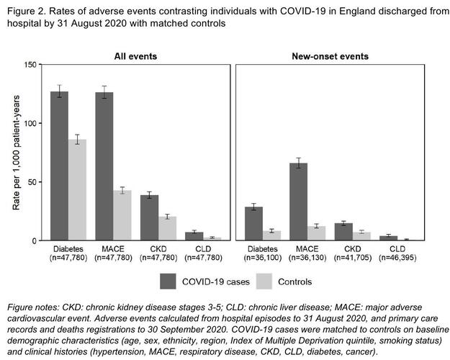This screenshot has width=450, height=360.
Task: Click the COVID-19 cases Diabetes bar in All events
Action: click(59, 166)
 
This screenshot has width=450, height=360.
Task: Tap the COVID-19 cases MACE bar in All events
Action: click(104, 166)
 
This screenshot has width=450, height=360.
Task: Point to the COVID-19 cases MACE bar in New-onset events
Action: click(297, 202)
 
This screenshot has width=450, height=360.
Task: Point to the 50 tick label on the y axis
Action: click(32, 181)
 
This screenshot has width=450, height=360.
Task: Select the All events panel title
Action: click(135, 56)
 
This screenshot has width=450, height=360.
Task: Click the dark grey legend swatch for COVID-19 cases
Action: click(168, 280)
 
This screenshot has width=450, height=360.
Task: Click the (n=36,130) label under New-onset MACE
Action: click(307, 257)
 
